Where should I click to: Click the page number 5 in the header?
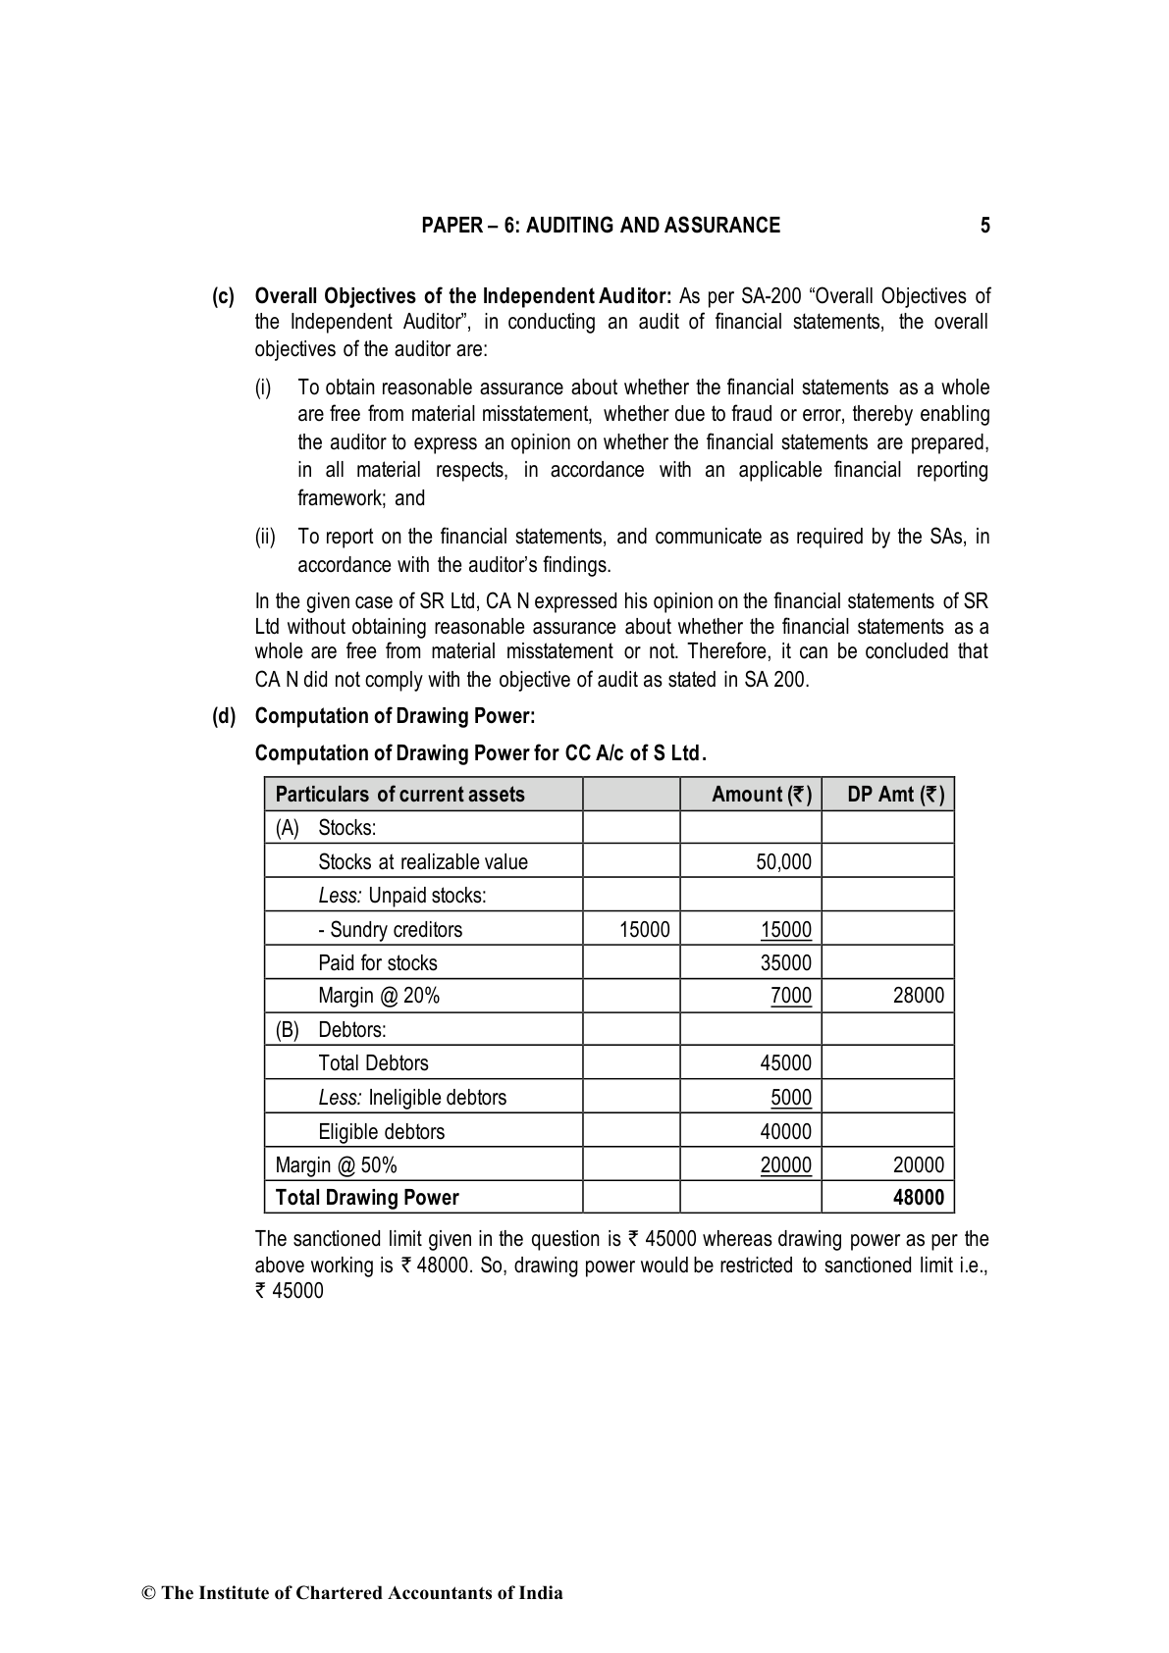tap(984, 226)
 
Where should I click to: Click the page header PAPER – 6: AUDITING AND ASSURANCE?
tap(601, 226)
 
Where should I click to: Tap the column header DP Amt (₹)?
tap(895, 795)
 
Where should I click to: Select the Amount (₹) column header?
tap(761, 795)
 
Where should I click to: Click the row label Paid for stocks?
tap(378, 963)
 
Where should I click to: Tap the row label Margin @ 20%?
tap(379, 996)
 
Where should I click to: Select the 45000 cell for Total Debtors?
tap(785, 1063)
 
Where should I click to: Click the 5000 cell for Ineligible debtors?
tap(790, 1097)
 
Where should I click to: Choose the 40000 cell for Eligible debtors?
tap(785, 1131)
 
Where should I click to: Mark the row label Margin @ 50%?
tap(336, 1165)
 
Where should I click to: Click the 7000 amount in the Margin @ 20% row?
tap(790, 996)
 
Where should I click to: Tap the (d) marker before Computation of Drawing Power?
tap(225, 716)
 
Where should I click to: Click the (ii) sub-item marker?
tap(265, 537)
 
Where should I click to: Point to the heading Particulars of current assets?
tap(399, 795)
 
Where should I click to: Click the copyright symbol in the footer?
tap(149, 1593)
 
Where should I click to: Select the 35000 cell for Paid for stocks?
tap(785, 963)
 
